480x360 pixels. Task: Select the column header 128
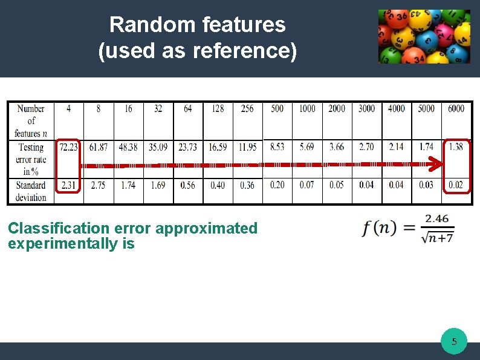[x=218, y=109]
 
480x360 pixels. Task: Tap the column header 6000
[x=456, y=109]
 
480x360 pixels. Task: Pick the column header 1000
[x=307, y=109]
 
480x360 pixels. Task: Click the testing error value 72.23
[x=68, y=147]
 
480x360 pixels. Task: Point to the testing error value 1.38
[x=457, y=147]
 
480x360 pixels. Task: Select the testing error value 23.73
[x=188, y=147]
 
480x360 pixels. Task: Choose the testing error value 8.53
[x=277, y=147]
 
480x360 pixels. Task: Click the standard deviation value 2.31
[x=68, y=185]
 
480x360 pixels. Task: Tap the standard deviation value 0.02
[x=457, y=185]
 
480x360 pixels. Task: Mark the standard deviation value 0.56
[x=188, y=185]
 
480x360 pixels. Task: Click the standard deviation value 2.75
[x=98, y=185]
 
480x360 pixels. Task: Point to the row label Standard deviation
[x=31, y=191]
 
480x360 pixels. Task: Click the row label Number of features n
[x=31, y=120]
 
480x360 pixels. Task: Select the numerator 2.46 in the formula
[x=437, y=218]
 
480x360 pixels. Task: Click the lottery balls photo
[x=424, y=36]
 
